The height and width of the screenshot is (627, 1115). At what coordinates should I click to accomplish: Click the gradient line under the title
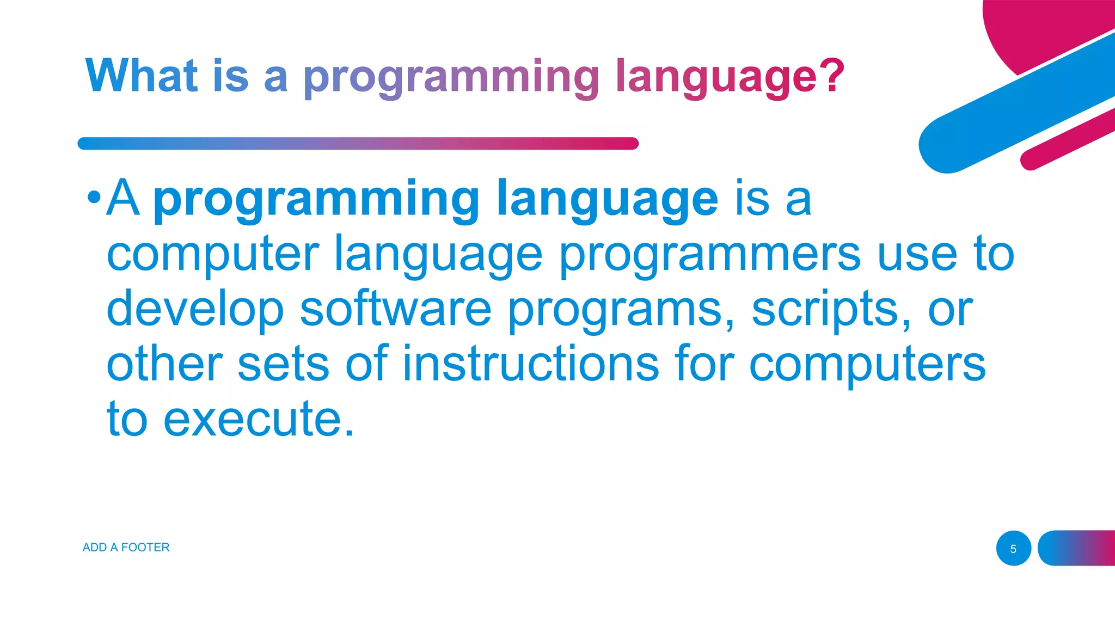coord(358,143)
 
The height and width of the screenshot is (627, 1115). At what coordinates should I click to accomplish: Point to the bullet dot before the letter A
coord(94,197)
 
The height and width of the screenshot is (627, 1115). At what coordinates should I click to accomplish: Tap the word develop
coord(195,309)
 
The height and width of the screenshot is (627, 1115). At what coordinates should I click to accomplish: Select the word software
coord(396,309)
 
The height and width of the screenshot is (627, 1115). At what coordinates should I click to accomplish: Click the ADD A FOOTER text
coord(126,547)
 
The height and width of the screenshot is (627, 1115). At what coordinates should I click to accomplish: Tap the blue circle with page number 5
coord(1013,548)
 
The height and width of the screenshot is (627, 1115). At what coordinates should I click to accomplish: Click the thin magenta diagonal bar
coord(1067,139)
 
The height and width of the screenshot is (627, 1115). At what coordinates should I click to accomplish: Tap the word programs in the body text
coord(621,309)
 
